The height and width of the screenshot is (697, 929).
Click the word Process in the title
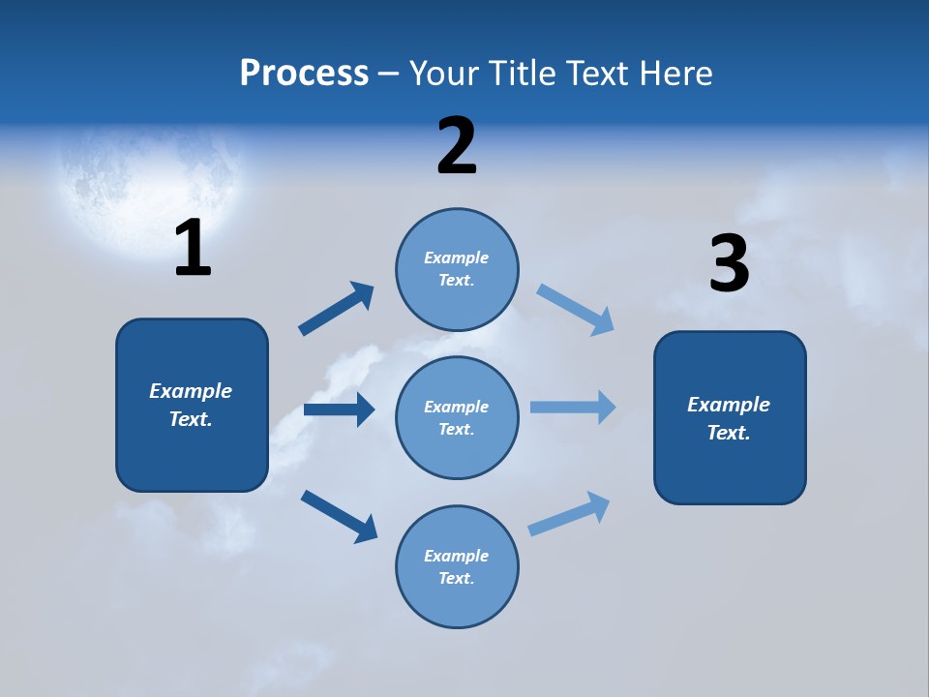[x=304, y=74]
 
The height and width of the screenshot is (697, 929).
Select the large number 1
[x=193, y=249]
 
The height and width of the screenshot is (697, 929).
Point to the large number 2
[x=457, y=146]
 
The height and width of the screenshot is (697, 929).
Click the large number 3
[x=729, y=264]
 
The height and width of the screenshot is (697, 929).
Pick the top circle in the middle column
[x=457, y=269]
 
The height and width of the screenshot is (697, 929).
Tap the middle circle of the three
[x=457, y=417]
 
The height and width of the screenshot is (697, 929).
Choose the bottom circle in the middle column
[x=457, y=566]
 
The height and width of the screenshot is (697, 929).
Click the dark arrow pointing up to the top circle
[x=337, y=308]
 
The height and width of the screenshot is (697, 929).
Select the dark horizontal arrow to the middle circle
[x=339, y=409]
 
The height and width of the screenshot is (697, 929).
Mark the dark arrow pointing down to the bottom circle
[x=339, y=516]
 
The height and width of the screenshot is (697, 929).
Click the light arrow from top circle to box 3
[x=576, y=310]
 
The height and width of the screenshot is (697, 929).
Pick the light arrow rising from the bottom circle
[x=569, y=513]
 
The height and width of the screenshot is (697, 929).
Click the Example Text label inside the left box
[x=191, y=405]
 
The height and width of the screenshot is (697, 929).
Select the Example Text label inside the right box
[x=729, y=418]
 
